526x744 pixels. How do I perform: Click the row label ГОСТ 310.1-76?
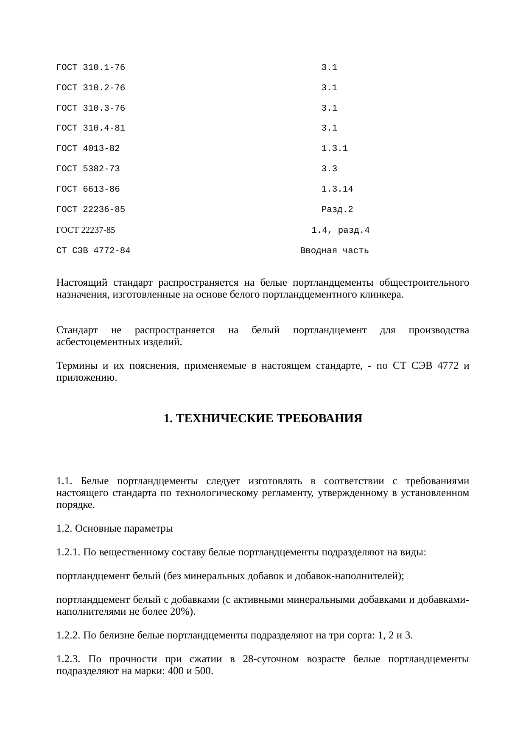pyautogui.click(x=90, y=67)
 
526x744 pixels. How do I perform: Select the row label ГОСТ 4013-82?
pyautogui.click(x=88, y=148)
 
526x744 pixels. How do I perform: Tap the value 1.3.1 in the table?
pyautogui.click(x=334, y=148)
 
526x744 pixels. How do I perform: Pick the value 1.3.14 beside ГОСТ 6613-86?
pyautogui.click(x=337, y=189)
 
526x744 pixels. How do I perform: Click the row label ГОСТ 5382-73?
pyautogui.click(x=88, y=169)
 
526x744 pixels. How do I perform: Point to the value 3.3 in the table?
pyautogui.click(x=329, y=169)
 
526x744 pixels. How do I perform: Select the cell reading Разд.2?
pyautogui.click(x=337, y=209)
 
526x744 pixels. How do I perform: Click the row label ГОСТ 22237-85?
pyautogui.click(x=85, y=230)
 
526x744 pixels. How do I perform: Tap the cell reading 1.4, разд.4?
pyautogui.click(x=340, y=230)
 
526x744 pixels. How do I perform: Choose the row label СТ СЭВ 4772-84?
pyautogui.click(x=93, y=251)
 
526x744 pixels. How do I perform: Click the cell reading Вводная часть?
pyautogui.click(x=334, y=251)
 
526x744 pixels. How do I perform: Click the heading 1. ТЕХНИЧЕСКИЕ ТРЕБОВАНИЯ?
pyautogui.click(x=263, y=419)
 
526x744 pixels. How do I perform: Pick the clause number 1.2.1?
pyautogui.click(x=68, y=552)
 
